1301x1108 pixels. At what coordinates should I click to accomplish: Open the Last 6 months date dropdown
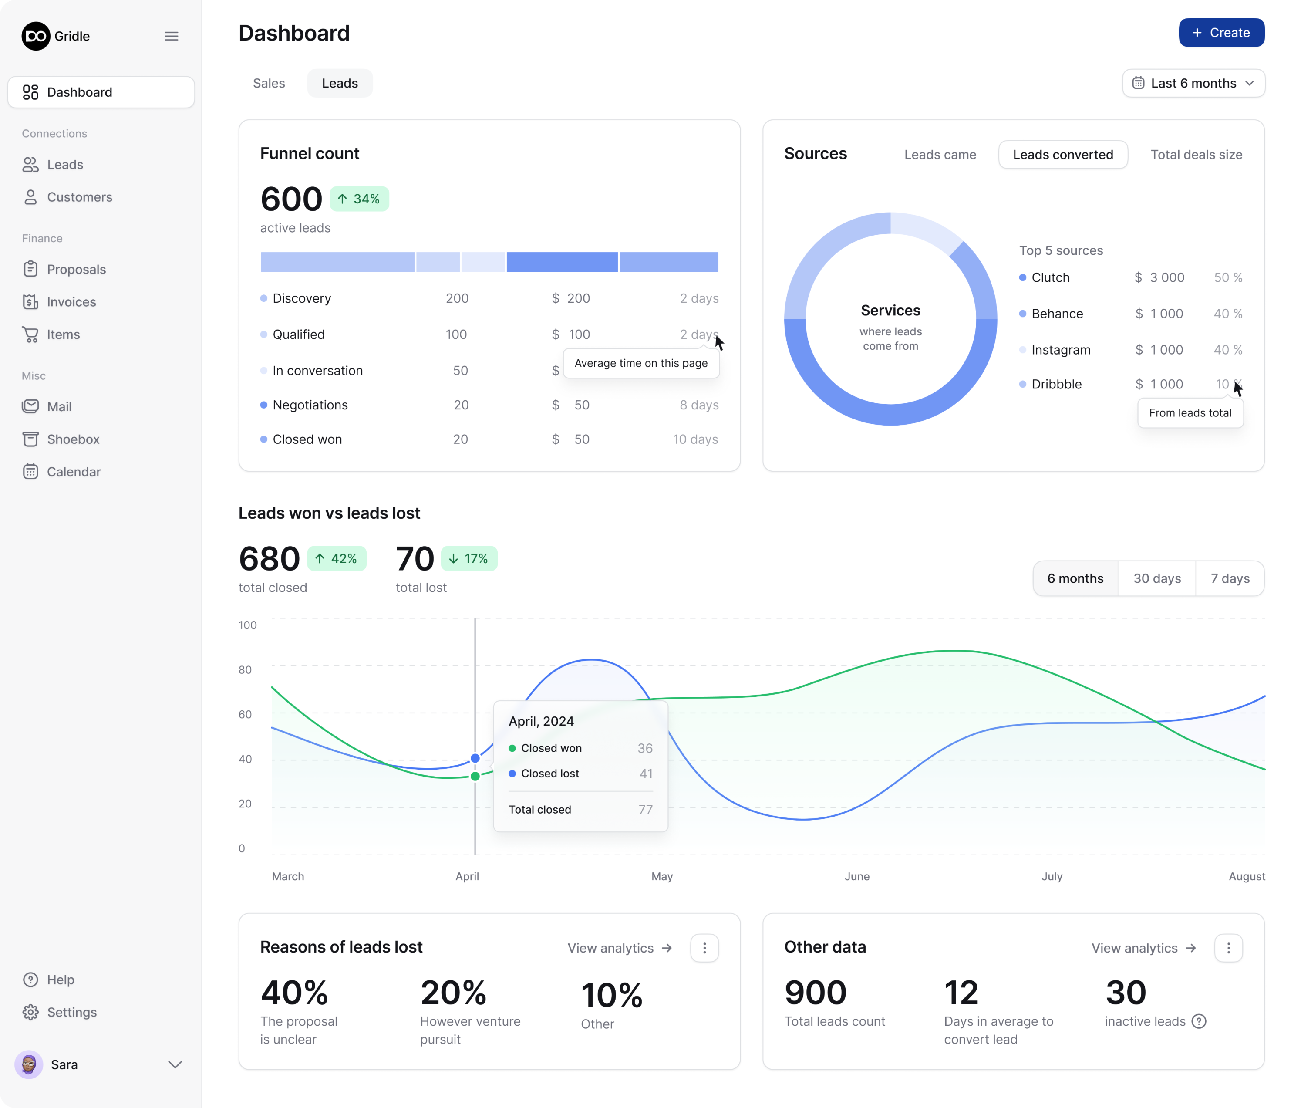(1193, 84)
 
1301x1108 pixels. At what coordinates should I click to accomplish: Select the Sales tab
(269, 84)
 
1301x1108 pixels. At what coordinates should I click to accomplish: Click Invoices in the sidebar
(71, 302)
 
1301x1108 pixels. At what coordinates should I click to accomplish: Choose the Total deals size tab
(1196, 155)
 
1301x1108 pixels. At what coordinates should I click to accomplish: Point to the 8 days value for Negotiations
(698, 405)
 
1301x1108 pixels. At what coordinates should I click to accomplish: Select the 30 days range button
(1156, 578)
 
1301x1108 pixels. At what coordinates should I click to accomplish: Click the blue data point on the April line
(475, 758)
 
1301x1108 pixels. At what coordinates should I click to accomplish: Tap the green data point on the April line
(475, 777)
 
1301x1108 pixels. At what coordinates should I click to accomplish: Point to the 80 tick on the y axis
(245, 669)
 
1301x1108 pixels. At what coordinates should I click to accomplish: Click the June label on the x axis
(856, 876)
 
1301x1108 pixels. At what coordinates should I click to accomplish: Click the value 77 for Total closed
(645, 810)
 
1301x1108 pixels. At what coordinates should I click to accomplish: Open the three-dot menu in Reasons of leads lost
(704, 948)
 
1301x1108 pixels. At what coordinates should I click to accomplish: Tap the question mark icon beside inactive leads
(1199, 1021)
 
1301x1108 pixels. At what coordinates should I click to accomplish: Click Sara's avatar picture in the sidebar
(28, 1064)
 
